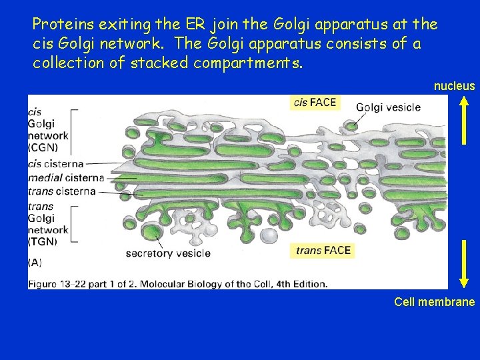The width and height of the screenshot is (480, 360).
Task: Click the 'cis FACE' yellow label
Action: click(316, 103)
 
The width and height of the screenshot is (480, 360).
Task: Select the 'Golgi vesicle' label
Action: click(388, 107)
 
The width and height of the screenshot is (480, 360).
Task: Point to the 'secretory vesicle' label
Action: click(168, 253)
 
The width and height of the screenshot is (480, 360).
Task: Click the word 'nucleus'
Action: click(454, 86)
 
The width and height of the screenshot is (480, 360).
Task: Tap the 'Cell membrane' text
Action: click(434, 302)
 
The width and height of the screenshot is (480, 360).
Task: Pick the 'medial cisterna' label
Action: click(65, 177)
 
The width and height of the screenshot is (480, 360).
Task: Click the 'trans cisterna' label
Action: click(62, 191)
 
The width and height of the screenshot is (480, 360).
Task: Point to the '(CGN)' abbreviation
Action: click(43, 147)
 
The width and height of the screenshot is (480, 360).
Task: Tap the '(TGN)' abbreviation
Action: click(43, 241)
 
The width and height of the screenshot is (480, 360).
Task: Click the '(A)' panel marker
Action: click(36, 263)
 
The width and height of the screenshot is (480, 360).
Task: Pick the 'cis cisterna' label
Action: click(56, 163)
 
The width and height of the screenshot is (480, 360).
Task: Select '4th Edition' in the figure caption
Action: click(298, 283)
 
